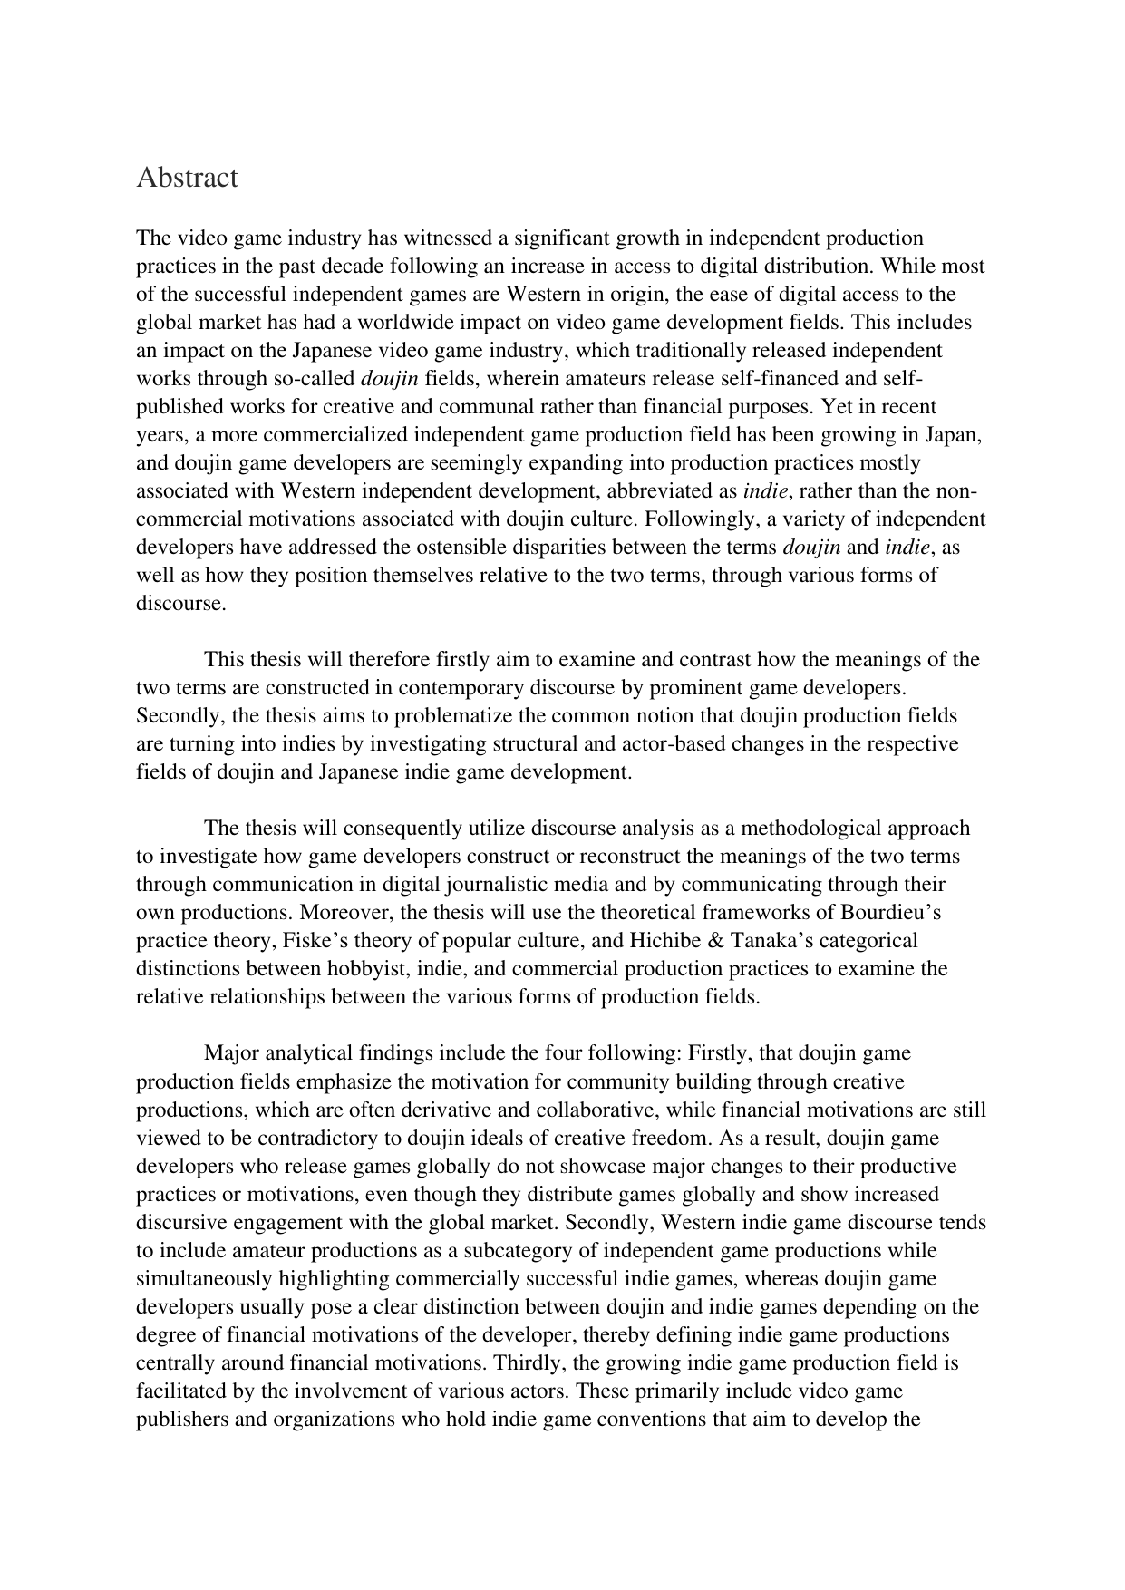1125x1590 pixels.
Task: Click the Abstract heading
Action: coord(187,178)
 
